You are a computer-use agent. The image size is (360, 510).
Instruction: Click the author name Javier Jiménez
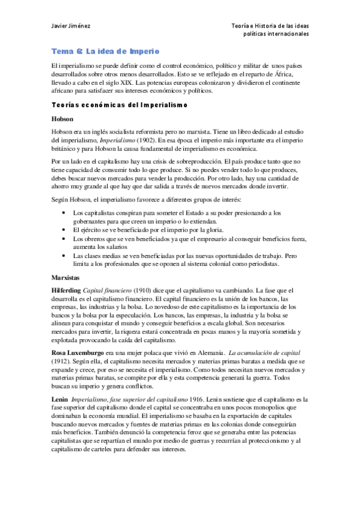(68, 25)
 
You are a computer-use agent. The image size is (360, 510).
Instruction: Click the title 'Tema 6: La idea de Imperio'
(104, 52)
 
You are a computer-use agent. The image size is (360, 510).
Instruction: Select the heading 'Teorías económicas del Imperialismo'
(120, 105)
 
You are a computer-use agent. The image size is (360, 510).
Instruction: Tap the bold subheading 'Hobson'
(63, 119)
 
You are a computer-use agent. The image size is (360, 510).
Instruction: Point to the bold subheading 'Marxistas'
(66, 278)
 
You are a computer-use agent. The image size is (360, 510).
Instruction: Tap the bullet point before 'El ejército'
(65, 230)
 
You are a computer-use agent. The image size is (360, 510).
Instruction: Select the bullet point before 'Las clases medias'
(65, 256)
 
